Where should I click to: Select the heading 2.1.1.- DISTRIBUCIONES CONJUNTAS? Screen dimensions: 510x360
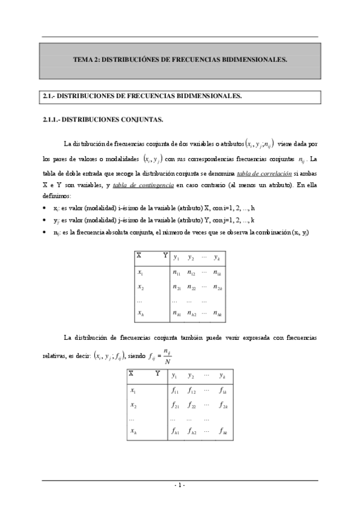click(102, 120)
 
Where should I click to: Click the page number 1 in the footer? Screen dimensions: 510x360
click(180, 485)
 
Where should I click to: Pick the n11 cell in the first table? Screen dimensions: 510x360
click(177, 272)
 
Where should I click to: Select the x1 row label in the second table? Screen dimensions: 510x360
click(133, 390)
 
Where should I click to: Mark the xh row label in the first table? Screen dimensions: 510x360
click(140, 313)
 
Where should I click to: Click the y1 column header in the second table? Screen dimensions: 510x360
click(174, 376)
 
